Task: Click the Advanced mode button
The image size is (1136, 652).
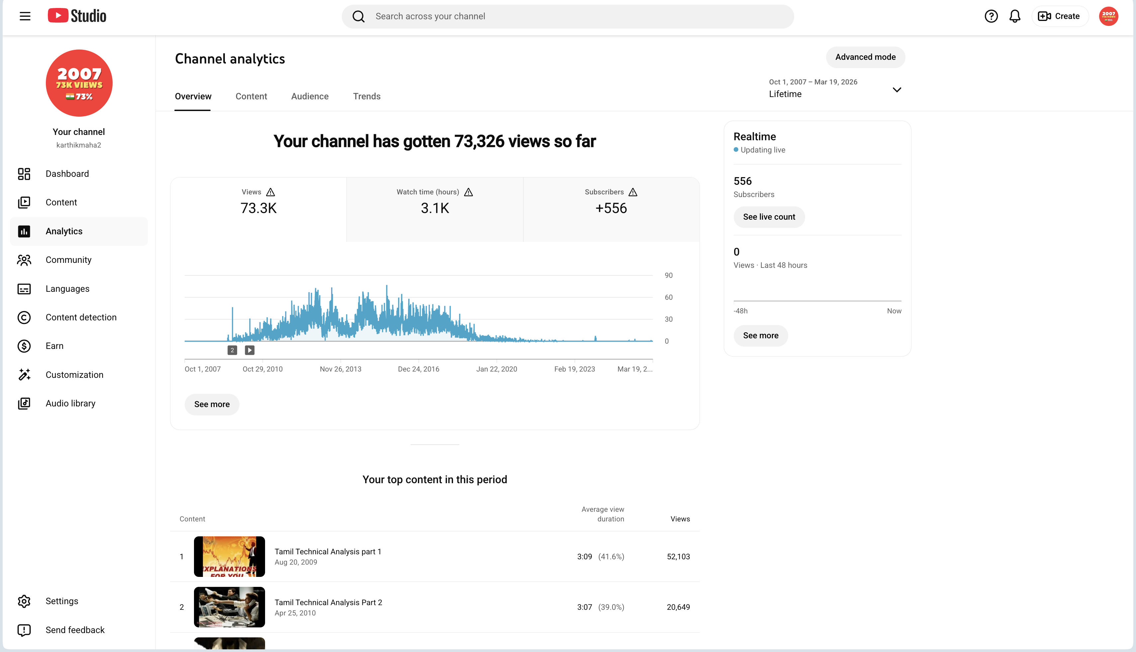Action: (865, 57)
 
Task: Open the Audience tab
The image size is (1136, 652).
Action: (310, 96)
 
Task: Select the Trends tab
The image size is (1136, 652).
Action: (367, 96)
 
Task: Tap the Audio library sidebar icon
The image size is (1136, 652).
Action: (24, 403)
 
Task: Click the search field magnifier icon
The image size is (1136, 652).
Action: (358, 17)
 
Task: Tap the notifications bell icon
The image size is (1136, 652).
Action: (1015, 17)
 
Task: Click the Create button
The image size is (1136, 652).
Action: (1060, 17)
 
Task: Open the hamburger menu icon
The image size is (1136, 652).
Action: (25, 17)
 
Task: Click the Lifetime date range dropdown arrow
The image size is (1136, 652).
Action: (897, 90)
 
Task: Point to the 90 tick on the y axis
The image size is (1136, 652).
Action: (668, 275)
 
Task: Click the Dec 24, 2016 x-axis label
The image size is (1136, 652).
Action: (419, 369)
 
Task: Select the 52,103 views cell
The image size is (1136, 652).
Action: (678, 557)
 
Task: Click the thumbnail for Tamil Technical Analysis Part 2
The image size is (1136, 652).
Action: (229, 607)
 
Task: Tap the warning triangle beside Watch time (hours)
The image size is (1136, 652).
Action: (468, 192)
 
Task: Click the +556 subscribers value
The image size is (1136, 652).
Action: (611, 208)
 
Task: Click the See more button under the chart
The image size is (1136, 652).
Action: (212, 404)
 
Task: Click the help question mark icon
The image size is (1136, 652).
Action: (991, 17)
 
